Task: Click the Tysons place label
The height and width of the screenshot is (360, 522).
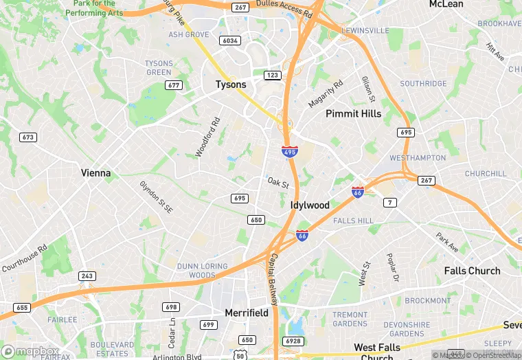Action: click(231, 85)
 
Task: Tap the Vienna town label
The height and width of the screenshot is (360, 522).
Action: click(95, 173)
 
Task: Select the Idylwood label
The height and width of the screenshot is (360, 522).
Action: click(310, 205)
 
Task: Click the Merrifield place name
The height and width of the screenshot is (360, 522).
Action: click(247, 313)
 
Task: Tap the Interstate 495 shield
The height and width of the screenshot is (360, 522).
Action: click(290, 151)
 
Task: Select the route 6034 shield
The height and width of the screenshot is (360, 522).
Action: click(230, 41)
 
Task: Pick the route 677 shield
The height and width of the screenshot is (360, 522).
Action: click(174, 85)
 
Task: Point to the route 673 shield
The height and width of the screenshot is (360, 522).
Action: click(28, 137)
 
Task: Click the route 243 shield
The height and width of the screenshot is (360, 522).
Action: click(87, 276)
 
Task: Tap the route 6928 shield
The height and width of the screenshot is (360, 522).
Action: click(293, 341)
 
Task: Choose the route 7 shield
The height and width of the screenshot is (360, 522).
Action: click(390, 202)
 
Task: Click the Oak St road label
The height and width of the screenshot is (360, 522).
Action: click(278, 183)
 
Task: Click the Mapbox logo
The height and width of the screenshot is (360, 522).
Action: click(30, 351)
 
